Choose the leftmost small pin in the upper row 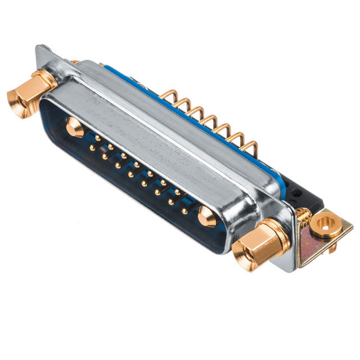click(x=97, y=137)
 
